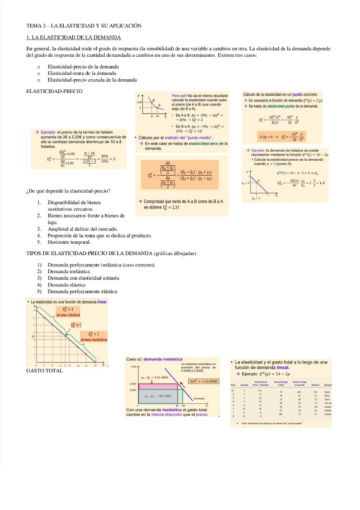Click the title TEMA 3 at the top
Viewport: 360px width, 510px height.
[x=84, y=26]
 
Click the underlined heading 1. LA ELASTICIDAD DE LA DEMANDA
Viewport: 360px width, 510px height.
[x=74, y=37]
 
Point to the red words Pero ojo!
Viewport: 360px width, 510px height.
[x=179, y=96]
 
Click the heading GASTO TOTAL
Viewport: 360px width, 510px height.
[x=41, y=370]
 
